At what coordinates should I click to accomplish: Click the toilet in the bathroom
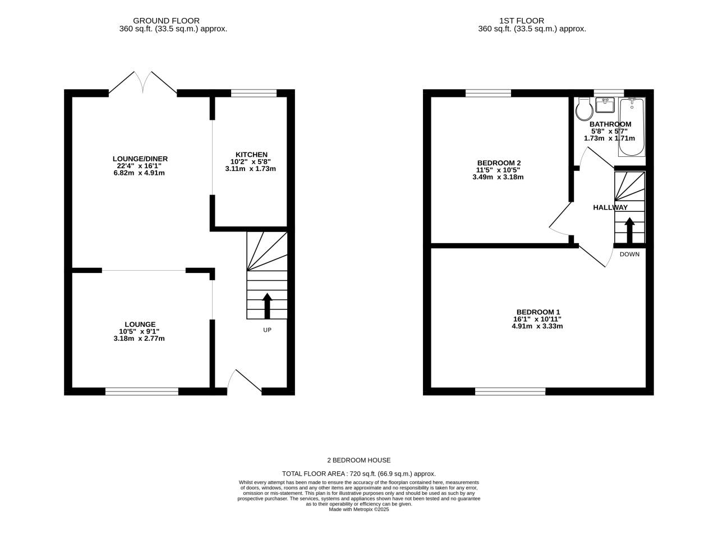(x=583, y=109)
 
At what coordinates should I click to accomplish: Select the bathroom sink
(x=605, y=105)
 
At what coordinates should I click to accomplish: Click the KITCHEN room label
(x=251, y=155)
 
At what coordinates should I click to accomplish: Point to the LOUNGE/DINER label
(x=140, y=159)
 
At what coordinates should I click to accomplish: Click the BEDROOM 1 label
(x=538, y=312)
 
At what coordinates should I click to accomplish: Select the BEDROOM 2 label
(x=498, y=163)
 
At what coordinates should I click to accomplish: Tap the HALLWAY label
(x=610, y=207)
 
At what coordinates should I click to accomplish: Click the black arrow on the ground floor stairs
(x=267, y=305)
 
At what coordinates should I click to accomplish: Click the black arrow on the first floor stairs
(x=629, y=230)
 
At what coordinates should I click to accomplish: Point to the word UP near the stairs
(x=267, y=330)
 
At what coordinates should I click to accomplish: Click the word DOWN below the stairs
(x=629, y=254)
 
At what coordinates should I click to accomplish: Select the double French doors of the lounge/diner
(x=143, y=83)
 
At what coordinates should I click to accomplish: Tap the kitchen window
(x=254, y=94)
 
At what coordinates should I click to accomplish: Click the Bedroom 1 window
(x=510, y=391)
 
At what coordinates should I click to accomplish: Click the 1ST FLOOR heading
(x=522, y=21)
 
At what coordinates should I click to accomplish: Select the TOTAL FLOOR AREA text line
(x=358, y=474)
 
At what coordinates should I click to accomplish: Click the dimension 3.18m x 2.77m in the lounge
(x=139, y=338)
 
